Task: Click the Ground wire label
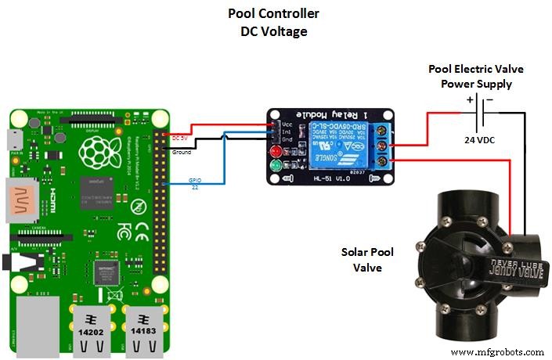(181, 152)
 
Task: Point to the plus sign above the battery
(469, 99)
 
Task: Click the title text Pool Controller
(273, 14)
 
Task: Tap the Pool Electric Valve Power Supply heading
(475, 76)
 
